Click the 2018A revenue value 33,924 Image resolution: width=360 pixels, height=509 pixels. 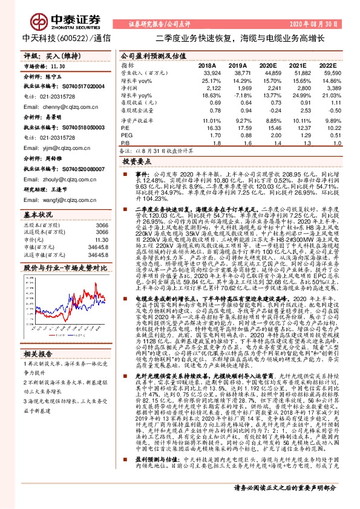tap(206, 72)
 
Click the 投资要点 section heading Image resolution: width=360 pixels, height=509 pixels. tap(136, 163)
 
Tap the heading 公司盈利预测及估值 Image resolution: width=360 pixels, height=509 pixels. tap(148, 54)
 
